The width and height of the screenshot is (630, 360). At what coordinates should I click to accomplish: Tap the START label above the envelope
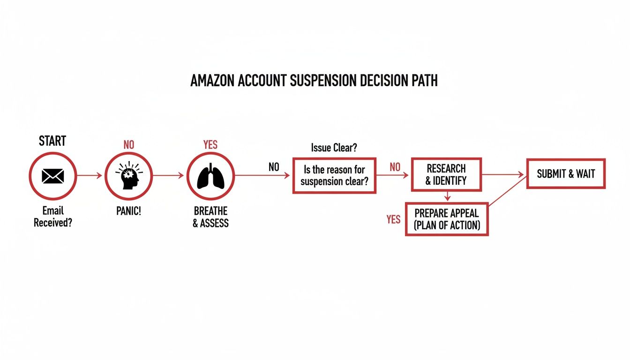(x=52, y=141)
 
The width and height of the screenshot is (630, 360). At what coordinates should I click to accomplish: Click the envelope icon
(x=52, y=176)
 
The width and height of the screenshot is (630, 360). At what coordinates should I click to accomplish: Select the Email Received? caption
(x=52, y=217)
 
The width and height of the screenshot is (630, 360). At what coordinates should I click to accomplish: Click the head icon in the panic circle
(x=128, y=176)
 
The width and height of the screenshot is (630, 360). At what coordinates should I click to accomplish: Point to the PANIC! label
(x=128, y=211)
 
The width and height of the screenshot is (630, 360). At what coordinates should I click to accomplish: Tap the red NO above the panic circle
(x=128, y=145)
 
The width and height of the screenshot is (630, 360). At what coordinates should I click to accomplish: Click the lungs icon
(x=210, y=176)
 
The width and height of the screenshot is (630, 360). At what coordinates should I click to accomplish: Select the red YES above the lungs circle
(x=210, y=145)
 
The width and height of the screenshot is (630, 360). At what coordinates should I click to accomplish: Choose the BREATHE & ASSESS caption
(x=210, y=217)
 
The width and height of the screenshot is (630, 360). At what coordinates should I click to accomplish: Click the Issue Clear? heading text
(x=334, y=148)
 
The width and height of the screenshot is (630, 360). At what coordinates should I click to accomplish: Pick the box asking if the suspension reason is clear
(x=334, y=175)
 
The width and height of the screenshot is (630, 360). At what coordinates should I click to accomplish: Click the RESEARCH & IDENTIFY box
(x=446, y=174)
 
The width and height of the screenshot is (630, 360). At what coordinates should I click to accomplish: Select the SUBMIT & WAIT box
(x=566, y=174)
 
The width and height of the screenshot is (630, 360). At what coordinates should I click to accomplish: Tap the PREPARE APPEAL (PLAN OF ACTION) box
(x=447, y=219)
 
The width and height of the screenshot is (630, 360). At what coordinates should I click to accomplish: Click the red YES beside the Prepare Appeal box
(x=393, y=219)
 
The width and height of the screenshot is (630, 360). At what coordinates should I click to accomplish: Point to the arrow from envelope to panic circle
(x=89, y=176)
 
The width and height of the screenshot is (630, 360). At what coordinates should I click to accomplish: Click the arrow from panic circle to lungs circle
(x=168, y=176)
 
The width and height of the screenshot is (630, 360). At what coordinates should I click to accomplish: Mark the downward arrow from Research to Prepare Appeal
(x=447, y=196)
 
